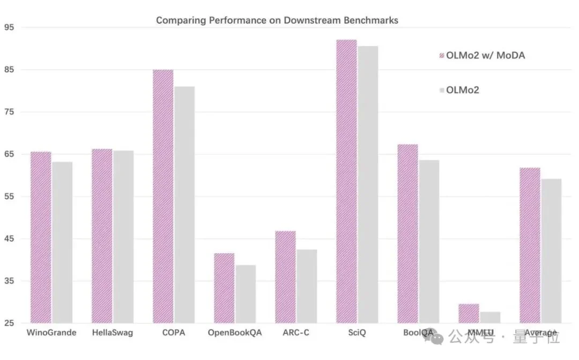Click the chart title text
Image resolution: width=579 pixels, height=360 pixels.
click(277, 20)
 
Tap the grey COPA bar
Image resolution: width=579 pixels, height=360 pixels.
click(184, 205)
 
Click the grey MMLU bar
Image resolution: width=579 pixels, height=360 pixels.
click(490, 318)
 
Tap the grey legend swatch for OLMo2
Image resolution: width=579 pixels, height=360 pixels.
click(442, 90)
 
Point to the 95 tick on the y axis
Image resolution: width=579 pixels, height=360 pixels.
click(9, 27)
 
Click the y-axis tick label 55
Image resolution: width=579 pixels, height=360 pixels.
click(9, 196)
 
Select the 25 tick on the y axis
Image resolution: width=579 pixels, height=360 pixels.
click(9, 324)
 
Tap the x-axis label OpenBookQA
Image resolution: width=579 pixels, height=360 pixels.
click(235, 333)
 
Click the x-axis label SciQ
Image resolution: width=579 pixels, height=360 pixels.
click(357, 333)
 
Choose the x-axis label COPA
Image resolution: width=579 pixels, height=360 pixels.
click(173, 333)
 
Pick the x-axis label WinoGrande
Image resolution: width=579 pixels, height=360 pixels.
click(51, 333)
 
